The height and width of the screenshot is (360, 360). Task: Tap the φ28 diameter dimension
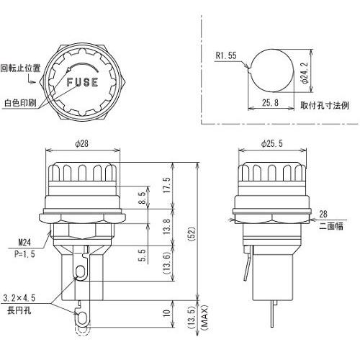(x=82, y=143)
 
